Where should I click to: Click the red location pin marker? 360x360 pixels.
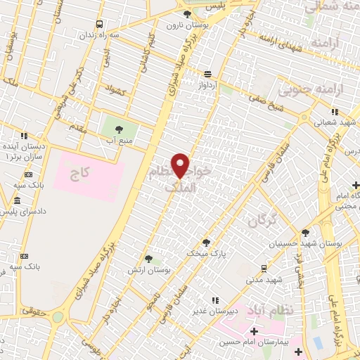pos(181,166)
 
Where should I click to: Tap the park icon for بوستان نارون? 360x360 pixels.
pos(186,14)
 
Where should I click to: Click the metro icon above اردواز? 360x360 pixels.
pos(207,73)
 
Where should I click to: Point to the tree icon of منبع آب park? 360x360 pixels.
pos(117,129)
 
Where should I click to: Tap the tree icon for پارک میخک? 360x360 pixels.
pos(206,241)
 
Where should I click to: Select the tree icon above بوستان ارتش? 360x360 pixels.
pos(148,259)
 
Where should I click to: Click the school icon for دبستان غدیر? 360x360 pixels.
pos(214,301)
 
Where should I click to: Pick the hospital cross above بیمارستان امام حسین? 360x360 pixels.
pos(254,330)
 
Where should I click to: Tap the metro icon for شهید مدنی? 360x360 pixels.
pos(263,268)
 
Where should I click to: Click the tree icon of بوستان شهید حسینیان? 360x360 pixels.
pos(304,233)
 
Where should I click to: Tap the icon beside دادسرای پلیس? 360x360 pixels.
pos(17,202)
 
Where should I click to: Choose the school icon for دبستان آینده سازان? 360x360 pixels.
pos(24,136)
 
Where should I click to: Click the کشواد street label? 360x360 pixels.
pos(114,89)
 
